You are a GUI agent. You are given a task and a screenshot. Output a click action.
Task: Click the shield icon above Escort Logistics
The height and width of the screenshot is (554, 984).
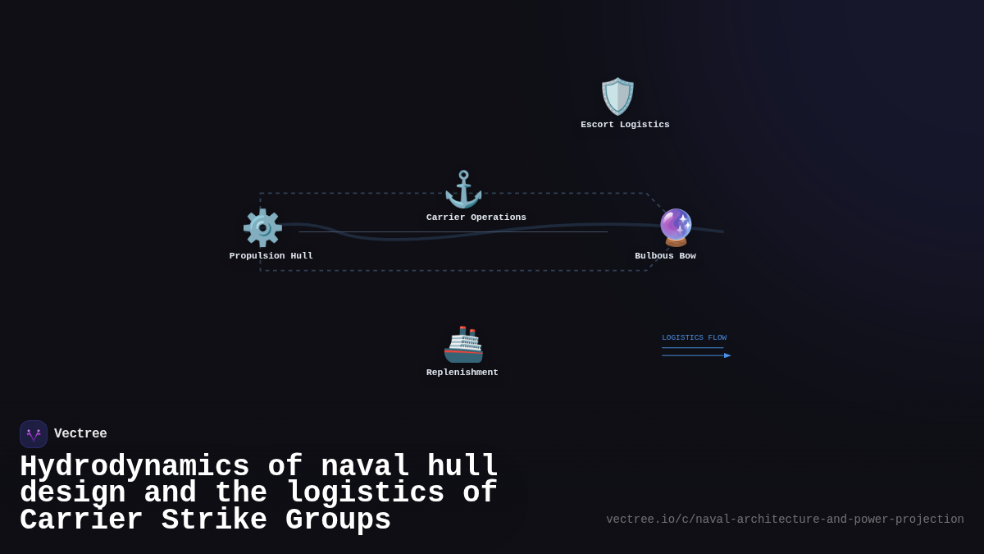point(617,97)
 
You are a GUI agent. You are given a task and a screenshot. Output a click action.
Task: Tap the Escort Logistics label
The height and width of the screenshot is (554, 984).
point(625,125)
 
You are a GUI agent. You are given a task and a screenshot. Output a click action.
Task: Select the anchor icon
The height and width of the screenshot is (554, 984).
point(463,190)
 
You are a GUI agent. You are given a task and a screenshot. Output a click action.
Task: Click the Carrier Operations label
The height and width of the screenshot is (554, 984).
point(476,217)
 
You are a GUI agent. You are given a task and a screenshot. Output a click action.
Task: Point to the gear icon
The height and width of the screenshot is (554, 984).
point(262,228)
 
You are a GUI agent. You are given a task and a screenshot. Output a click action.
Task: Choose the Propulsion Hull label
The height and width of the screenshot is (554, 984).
point(271,256)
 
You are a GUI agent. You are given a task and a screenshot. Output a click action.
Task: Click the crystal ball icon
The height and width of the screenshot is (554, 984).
point(676,227)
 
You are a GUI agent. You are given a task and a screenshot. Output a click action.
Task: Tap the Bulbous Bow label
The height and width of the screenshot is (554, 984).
point(665,256)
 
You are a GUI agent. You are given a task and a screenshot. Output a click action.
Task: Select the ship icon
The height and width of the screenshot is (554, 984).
point(463,345)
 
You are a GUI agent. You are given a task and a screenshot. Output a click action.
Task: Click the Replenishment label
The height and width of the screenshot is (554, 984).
point(462,373)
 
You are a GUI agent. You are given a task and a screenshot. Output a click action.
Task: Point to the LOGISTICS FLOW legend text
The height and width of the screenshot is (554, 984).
point(694,338)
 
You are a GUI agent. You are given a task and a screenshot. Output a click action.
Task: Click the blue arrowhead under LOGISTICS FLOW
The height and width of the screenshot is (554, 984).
point(727,355)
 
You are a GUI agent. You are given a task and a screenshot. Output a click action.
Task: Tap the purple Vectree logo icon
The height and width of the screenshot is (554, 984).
point(34,434)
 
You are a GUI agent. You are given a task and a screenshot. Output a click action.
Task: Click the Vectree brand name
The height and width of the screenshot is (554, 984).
point(80,434)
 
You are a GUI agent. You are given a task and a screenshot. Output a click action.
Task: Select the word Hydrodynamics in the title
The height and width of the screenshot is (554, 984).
point(134,467)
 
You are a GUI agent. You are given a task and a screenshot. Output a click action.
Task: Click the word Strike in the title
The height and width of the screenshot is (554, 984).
point(214,520)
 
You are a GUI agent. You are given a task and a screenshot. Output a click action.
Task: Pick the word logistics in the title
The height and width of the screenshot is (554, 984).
point(365,493)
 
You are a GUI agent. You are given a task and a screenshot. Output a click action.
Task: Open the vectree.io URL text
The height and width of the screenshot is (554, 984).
point(785,520)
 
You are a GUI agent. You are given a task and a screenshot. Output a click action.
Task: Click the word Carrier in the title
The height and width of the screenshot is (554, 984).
point(81,520)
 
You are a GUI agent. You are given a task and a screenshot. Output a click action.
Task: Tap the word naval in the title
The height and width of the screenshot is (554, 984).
point(365,467)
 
